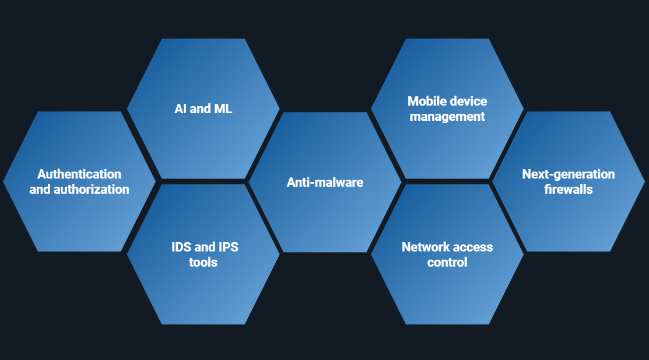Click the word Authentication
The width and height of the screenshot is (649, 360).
point(79,174)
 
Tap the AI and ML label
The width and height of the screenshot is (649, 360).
point(204,109)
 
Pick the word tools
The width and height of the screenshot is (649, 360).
point(204,262)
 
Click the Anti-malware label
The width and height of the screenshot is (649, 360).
point(325,182)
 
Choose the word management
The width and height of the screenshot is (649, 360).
point(447,116)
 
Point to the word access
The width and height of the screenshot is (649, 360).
point(471,247)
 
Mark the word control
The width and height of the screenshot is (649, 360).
point(447,262)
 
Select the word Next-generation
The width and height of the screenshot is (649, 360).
point(569,174)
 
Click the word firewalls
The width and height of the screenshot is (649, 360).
point(569,189)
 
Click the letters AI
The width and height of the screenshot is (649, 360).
point(181,109)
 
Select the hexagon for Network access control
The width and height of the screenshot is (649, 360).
point(447,292)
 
